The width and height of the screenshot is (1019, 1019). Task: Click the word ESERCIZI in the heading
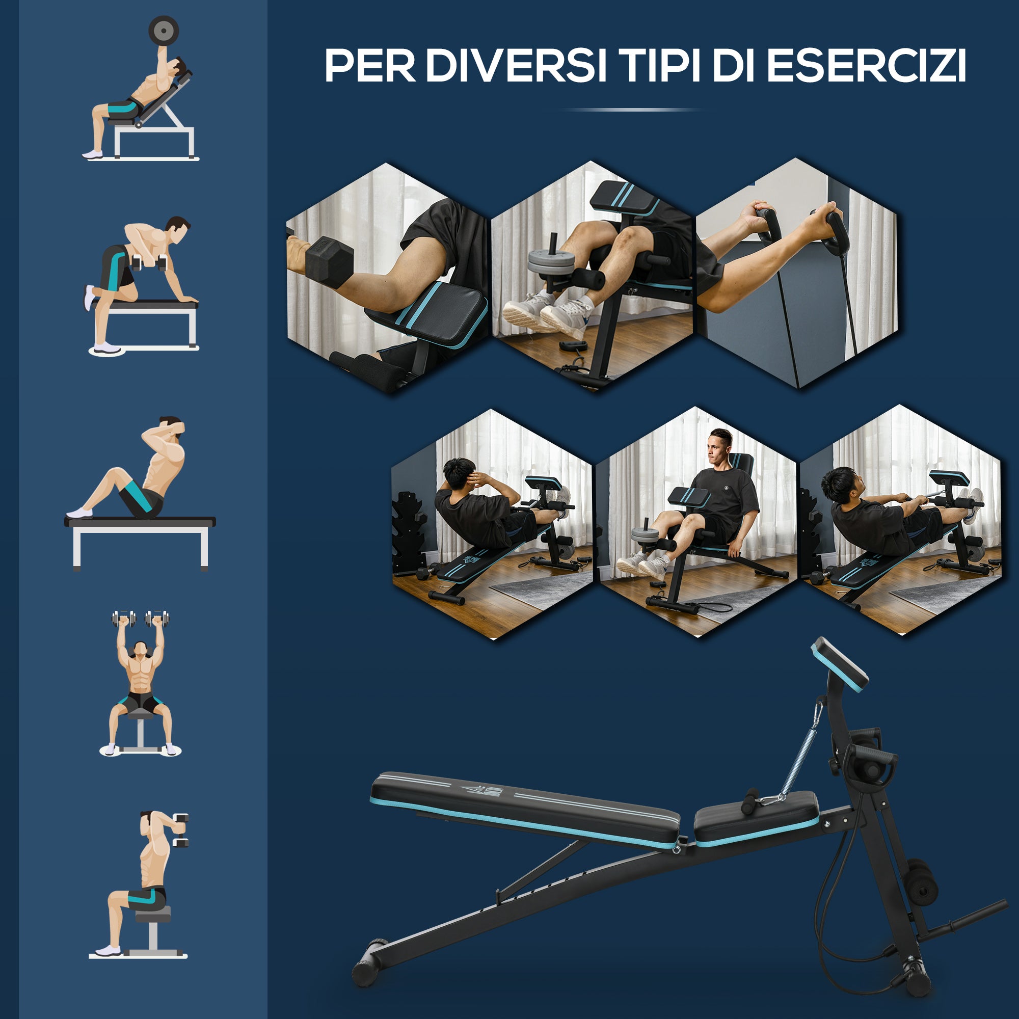[866, 66]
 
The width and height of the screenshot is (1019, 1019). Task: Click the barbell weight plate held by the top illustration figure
[164, 31]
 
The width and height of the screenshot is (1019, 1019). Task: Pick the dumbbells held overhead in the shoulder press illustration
[140, 618]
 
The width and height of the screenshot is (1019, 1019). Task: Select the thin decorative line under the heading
[631, 110]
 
